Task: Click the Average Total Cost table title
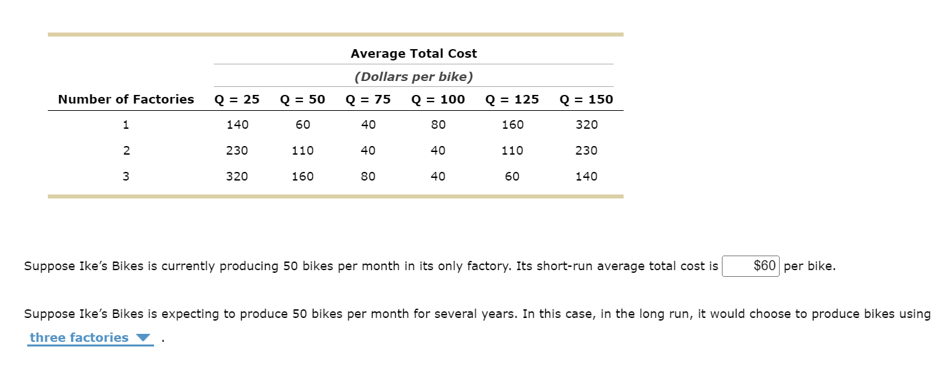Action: [x=414, y=54]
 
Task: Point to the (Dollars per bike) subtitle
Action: [x=414, y=77]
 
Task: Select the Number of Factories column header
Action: [x=126, y=100]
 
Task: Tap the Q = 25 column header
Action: [x=237, y=100]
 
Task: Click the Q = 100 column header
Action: [x=438, y=100]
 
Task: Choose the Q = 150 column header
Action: [x=586, y=100]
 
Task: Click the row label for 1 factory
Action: [x=126, y=125]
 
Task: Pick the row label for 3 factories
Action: [x=126, y=177]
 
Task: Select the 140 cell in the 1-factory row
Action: [x=237, y=125]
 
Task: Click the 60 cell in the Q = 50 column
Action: [x=303, y=125]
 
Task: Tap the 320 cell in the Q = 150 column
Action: [x=586, y=125]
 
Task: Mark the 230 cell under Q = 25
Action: [x=237, y=151]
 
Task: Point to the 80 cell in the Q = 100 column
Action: [x=438, y=125]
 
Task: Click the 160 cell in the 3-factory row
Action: [x=303, y=177]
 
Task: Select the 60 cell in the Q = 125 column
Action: [x=512, y=177]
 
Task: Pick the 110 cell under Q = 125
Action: [x=512, y=151]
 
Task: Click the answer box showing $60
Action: [x=750, y=266]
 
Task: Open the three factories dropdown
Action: [x=90, y=338]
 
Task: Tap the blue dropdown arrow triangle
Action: [x=143, y=338]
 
